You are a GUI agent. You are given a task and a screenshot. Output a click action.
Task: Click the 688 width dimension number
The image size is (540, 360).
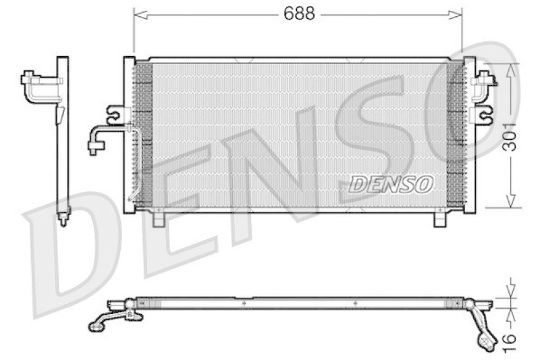point(299,14)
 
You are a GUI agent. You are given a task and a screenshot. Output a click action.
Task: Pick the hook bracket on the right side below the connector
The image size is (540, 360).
point(484,115)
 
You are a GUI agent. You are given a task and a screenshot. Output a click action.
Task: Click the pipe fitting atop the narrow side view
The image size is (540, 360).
point(37,86)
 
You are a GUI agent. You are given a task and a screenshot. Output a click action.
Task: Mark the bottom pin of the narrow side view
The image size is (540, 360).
point(63,218)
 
